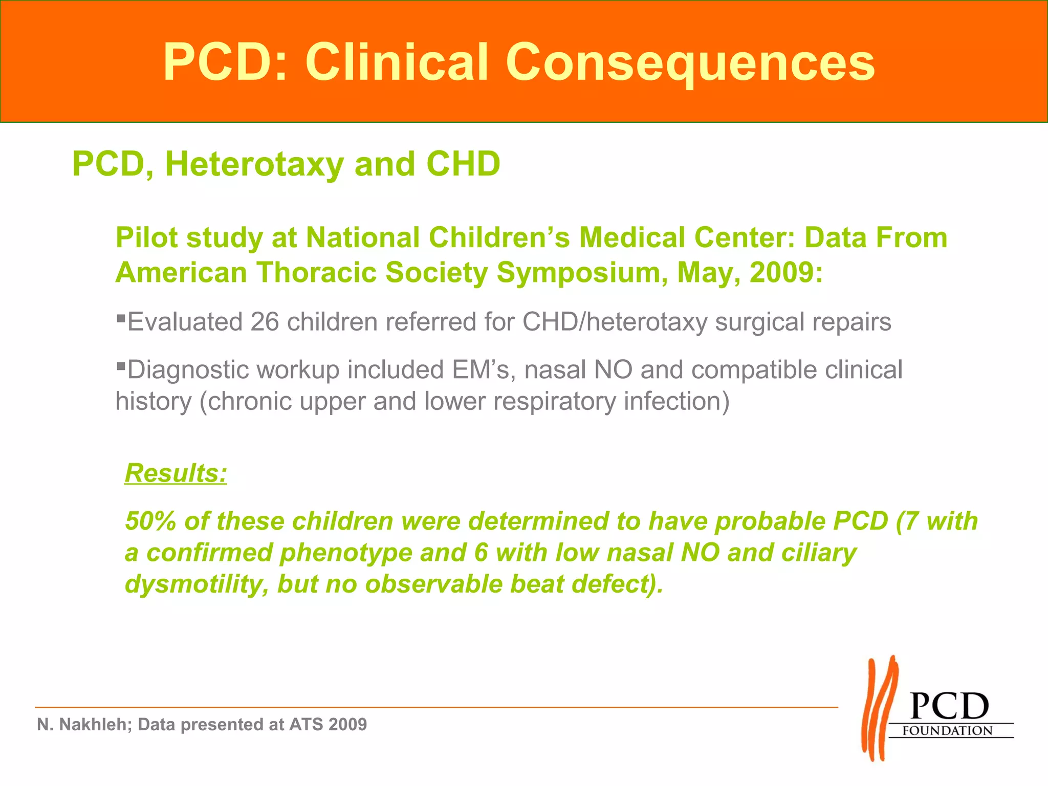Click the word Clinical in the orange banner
pos(397,62)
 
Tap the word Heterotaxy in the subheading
pos(254,164)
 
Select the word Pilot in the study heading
pos(146,238)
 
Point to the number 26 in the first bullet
pos(265,322)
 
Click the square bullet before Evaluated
pos(121,318)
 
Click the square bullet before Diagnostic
pos(121,366)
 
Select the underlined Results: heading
pos(176,473)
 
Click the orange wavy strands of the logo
pos(879,709)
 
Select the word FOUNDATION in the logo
pos(947,731)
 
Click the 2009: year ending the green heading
pos(786,272)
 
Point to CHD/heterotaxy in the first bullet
pos(615,322)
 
